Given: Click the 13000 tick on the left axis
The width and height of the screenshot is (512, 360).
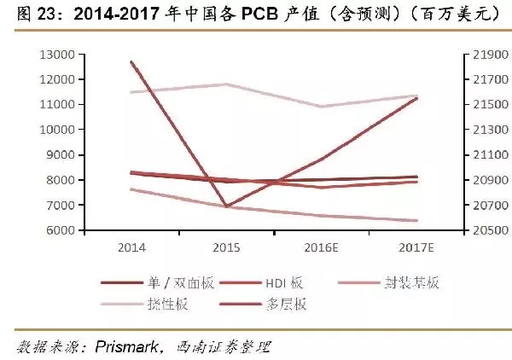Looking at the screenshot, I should click(57, 54).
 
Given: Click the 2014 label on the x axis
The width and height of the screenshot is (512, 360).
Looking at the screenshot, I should click(131, 247).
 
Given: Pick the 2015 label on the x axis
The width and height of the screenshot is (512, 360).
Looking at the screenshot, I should click(225, 247).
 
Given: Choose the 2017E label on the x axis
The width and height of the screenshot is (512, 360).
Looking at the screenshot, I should click(416, 247).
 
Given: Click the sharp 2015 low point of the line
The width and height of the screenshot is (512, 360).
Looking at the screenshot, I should click(225, 206).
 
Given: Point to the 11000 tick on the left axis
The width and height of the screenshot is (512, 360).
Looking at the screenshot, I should click(57, 104).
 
